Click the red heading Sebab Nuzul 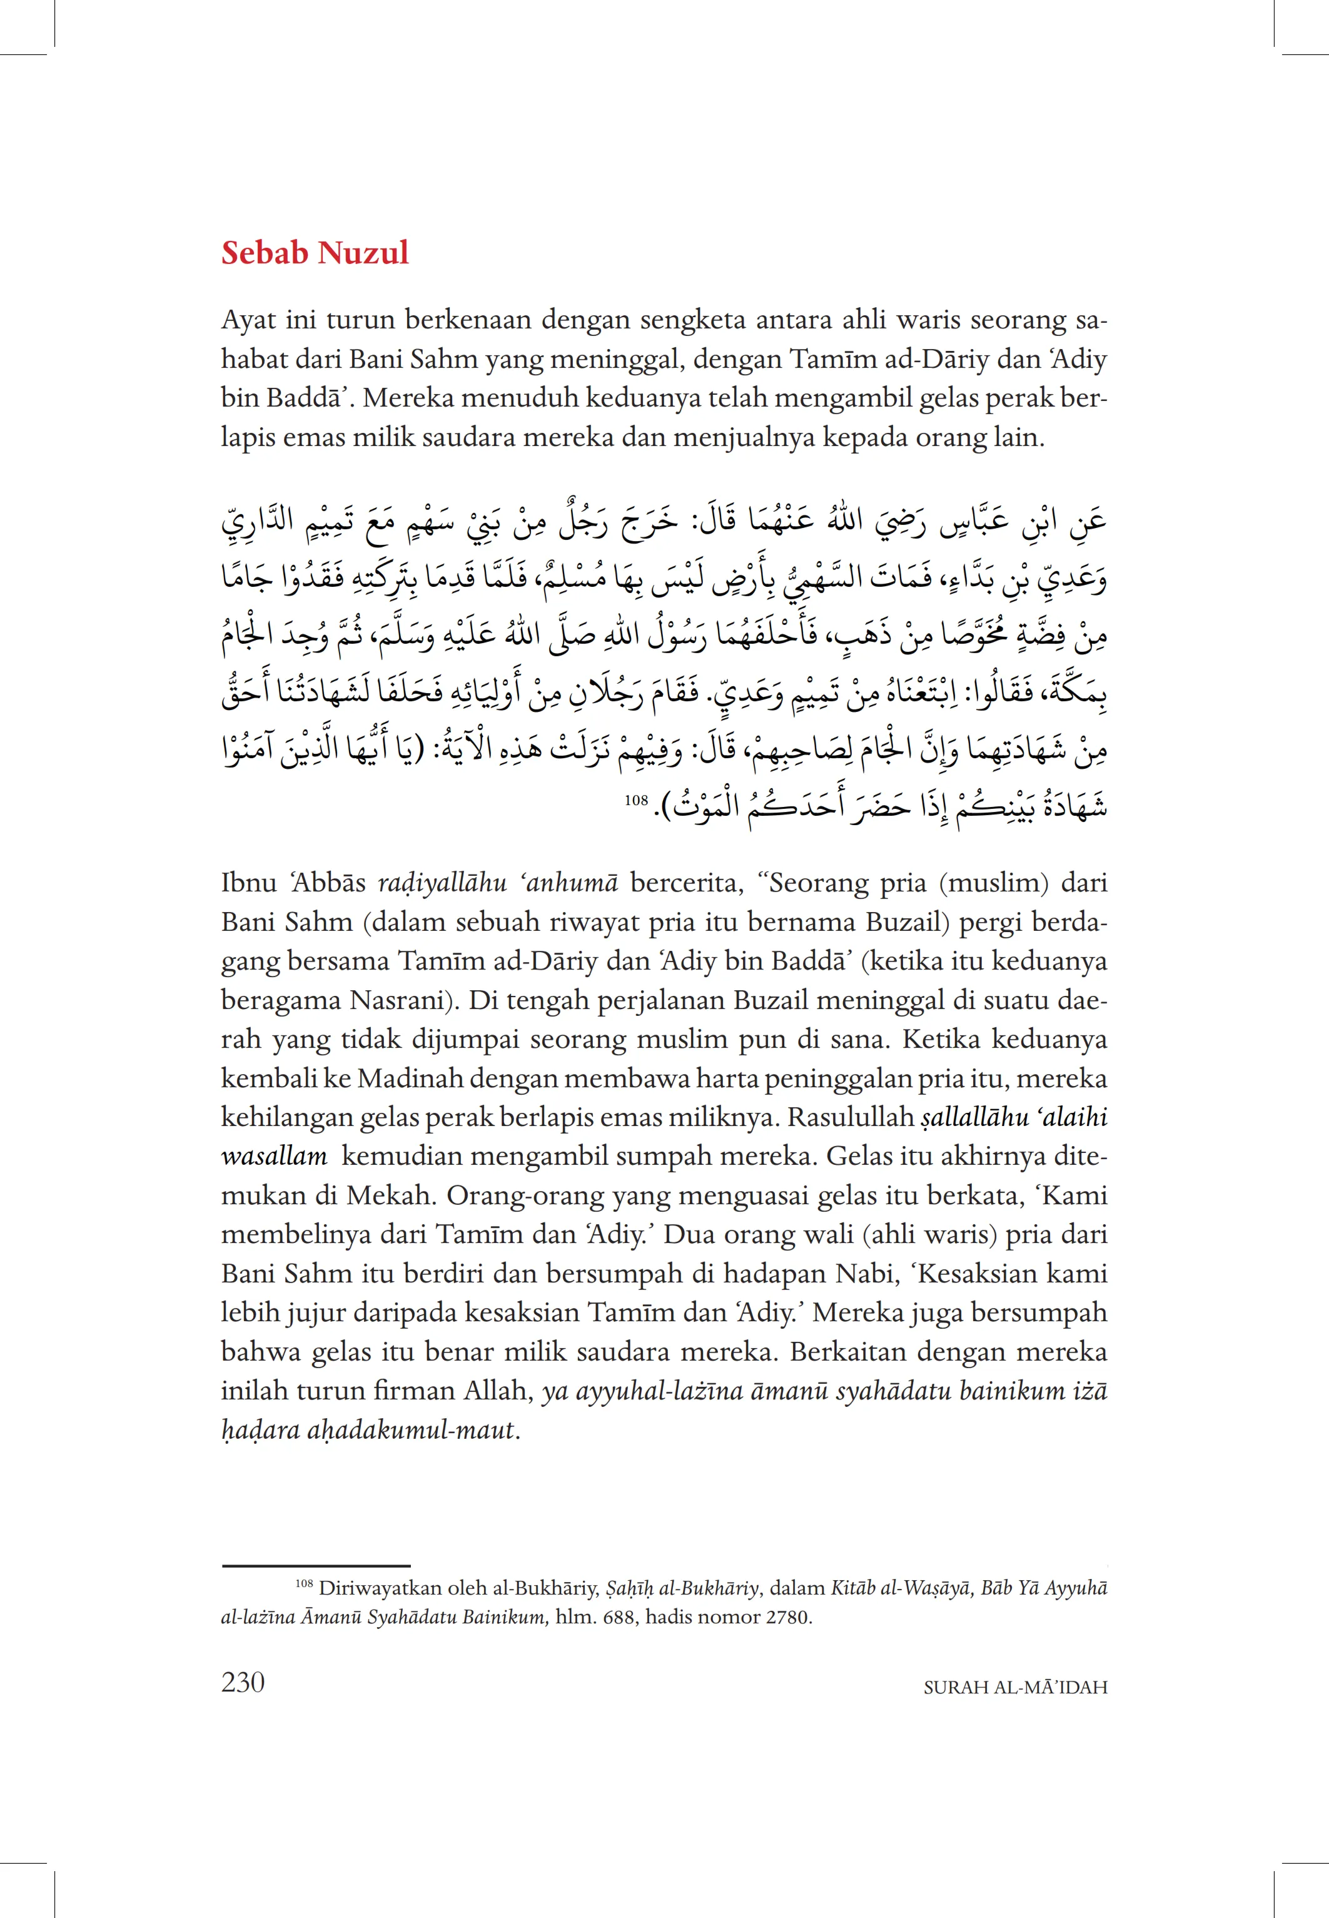pyautogui.click(x=315, y=252)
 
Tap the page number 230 pyautogui.click(x=243, y=1682)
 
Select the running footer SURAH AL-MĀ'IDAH pyautogui.click(x=1015, y=1687)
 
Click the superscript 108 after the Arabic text pyautogui.click(x=636, y=800)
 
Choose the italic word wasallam pyautogui.click(x=274, y=1157)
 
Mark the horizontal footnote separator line pyautogui.click(x=316, y=1566)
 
